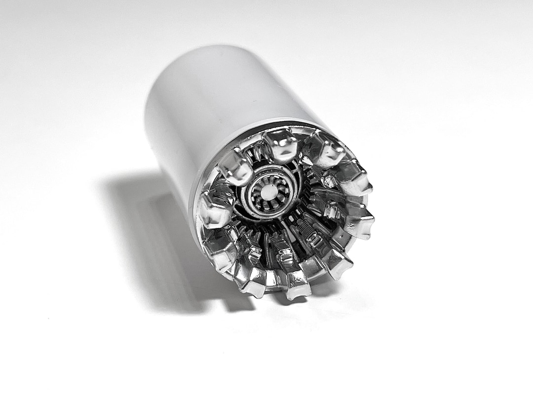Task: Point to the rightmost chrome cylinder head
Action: click(x=359, y=222)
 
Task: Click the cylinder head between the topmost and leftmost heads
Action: click(x=236, y=167)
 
